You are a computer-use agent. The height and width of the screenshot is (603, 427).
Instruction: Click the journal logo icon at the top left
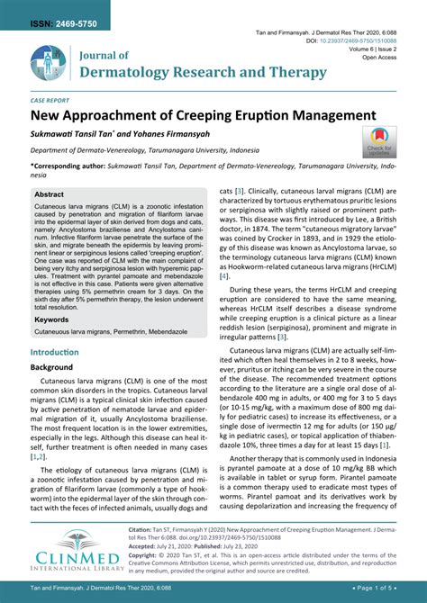click(48, 64)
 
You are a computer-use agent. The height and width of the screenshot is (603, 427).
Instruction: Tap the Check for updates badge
click(379, 141)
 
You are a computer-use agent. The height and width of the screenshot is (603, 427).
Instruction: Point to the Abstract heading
click(50, 193)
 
